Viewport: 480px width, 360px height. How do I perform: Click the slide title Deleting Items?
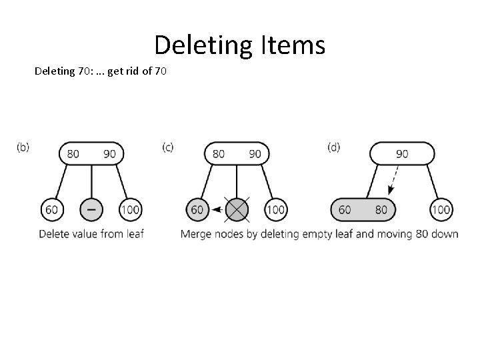click(239, 45)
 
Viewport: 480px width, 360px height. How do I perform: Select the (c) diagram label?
click(168, 147)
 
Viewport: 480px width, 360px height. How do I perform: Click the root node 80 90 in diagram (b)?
click(91, 154)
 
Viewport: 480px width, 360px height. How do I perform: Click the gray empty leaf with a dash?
click(91, 210)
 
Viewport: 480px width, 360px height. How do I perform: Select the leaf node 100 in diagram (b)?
click(130, 210)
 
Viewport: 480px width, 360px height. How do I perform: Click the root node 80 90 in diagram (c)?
click(237, 154)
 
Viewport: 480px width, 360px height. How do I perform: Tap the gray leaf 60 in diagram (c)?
click(197, 210)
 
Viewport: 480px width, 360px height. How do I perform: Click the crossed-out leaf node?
click(237, 210)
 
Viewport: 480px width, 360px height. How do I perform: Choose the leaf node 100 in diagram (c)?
click(275, 210)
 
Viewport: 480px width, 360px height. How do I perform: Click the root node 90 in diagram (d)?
click(402, 154)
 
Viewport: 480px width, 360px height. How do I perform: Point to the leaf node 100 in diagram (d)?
click(441, 210)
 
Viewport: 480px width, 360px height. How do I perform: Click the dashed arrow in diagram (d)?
click(395, 179)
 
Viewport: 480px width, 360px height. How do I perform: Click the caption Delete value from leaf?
click(92, 234)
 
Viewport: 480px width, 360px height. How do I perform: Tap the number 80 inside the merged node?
click(381, 210)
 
